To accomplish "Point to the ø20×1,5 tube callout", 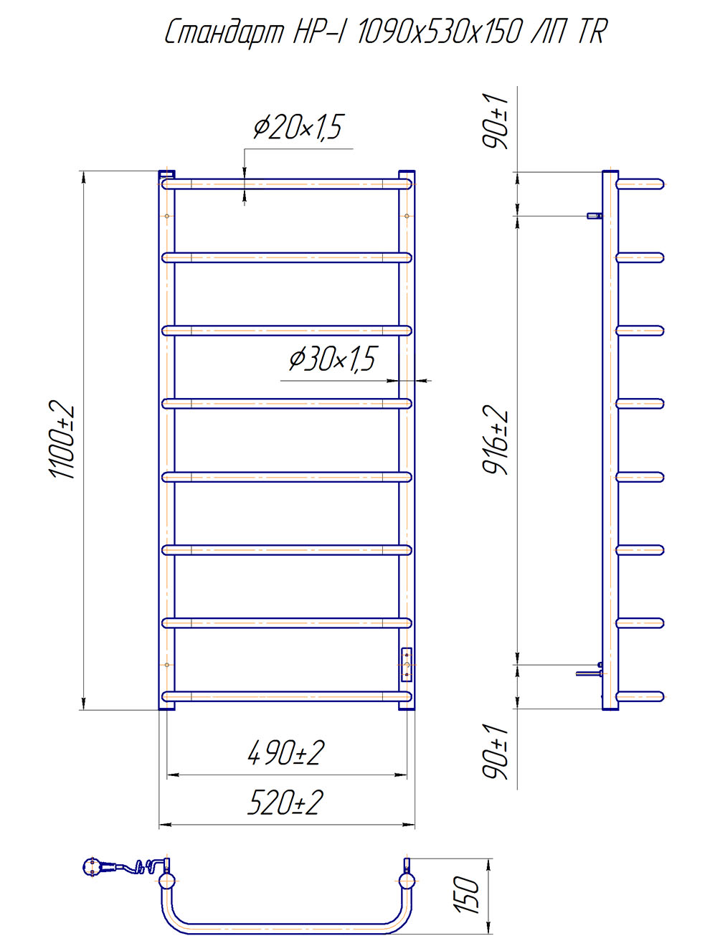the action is click(298, 128).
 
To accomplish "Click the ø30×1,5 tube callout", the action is click(333, 359).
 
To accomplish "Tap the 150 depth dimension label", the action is click(468, 896).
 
